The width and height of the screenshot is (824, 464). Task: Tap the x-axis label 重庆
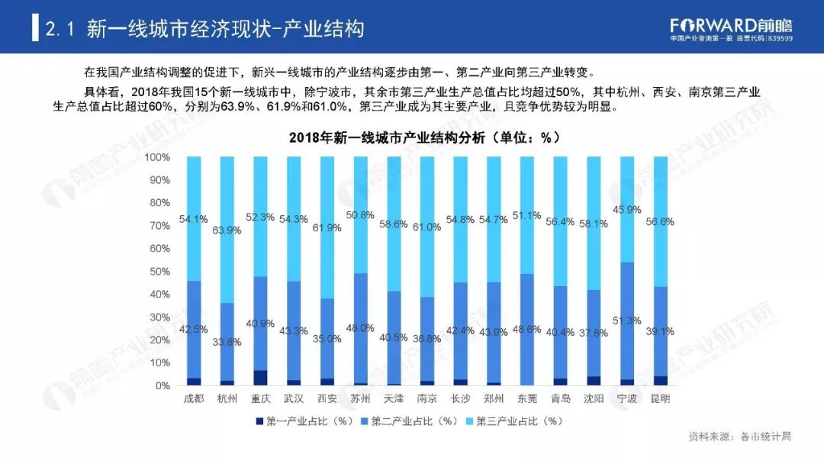[x=260, y=399]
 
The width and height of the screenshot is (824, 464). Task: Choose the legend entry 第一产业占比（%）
[x=305, y=420]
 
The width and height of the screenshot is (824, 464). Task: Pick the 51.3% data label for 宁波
[x=627, y=321]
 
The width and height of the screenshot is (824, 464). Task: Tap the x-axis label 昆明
[x=660, y=399]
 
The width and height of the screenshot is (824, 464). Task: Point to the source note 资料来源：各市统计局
[x=739, y=437]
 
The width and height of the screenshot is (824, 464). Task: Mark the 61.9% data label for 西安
[x=327, y=227]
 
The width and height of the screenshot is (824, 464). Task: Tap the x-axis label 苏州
[x=360, y=399]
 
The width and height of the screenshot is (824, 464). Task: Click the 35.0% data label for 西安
[x=327, y=338]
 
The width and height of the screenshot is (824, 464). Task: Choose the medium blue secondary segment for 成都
[x=194, y=329]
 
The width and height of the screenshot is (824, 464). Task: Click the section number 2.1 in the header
[x=59, y=30]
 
